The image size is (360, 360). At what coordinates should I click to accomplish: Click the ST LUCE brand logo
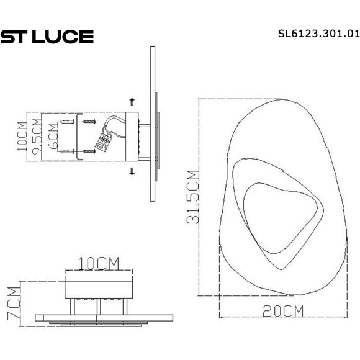[47, 37]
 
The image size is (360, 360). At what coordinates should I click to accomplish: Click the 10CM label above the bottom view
[99, 263]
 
